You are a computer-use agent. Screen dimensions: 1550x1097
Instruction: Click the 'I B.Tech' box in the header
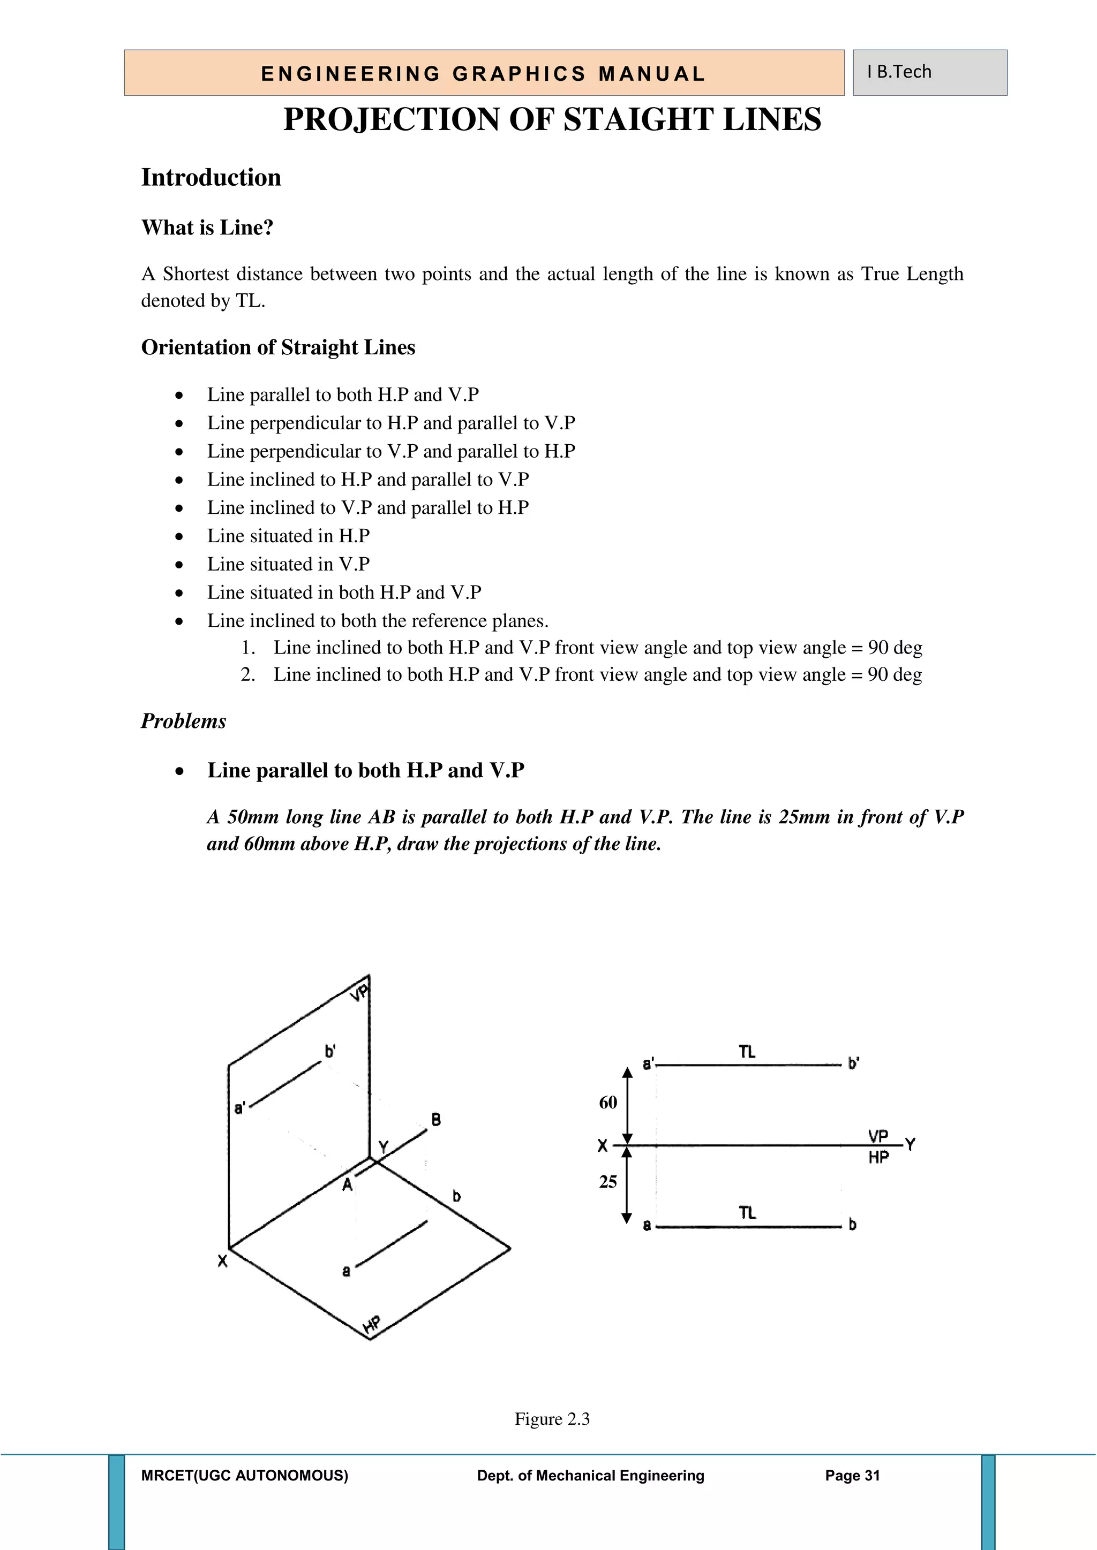click(x=929, y=72)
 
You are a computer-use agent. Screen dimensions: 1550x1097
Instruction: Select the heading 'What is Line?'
click(x=207, y=227)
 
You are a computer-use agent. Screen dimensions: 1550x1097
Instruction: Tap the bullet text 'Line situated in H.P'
click(x=288, y=536)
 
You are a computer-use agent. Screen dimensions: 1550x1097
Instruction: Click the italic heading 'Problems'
click(x=183, y=721)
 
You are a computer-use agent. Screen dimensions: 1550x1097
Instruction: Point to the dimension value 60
click(x=608, y=1103)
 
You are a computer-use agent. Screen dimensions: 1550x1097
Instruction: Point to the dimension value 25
click(x=608, y=1181)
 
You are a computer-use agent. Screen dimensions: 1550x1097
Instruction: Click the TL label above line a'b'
click(x=747, y=1052)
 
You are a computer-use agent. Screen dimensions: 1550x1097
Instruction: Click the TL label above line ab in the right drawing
click(x=747, y=1213)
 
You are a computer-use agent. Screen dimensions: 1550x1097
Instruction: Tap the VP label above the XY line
click(x=878, y=1136)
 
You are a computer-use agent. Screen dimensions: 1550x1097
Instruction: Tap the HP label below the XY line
click(x=878, y=1157)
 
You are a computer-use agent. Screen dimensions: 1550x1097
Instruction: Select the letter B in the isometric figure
click(x=437, y=1120)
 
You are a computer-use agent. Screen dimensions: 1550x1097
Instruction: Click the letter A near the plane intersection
click(x=347, y=1184)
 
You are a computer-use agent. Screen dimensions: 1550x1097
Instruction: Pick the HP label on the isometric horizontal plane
click(x=372, y=1325)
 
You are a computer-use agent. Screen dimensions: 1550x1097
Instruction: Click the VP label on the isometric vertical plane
click(x=360, y=992)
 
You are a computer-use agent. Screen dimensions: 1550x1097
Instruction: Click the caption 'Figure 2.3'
click(x=552, y=1419)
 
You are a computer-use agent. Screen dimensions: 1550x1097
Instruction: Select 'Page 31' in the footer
click(x=852, y=1476)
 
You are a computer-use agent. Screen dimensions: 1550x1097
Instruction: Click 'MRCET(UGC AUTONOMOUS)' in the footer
click(x=245, y=1476)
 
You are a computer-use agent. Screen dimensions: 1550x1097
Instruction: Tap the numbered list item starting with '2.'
click(x=581, y=674)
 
